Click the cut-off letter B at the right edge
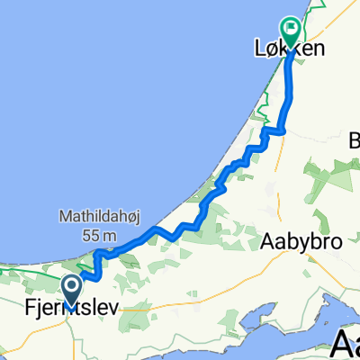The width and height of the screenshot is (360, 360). [x=354, y=140]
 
